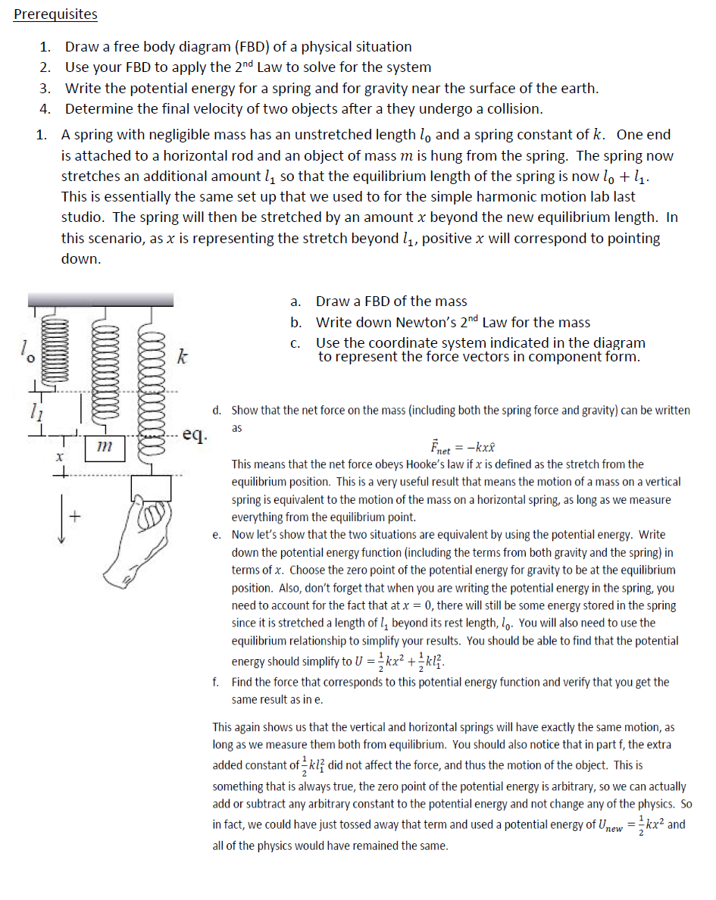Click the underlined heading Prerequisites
pos(55,14)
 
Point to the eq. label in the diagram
pos(195,436)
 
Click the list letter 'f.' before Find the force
pos(217,682)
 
